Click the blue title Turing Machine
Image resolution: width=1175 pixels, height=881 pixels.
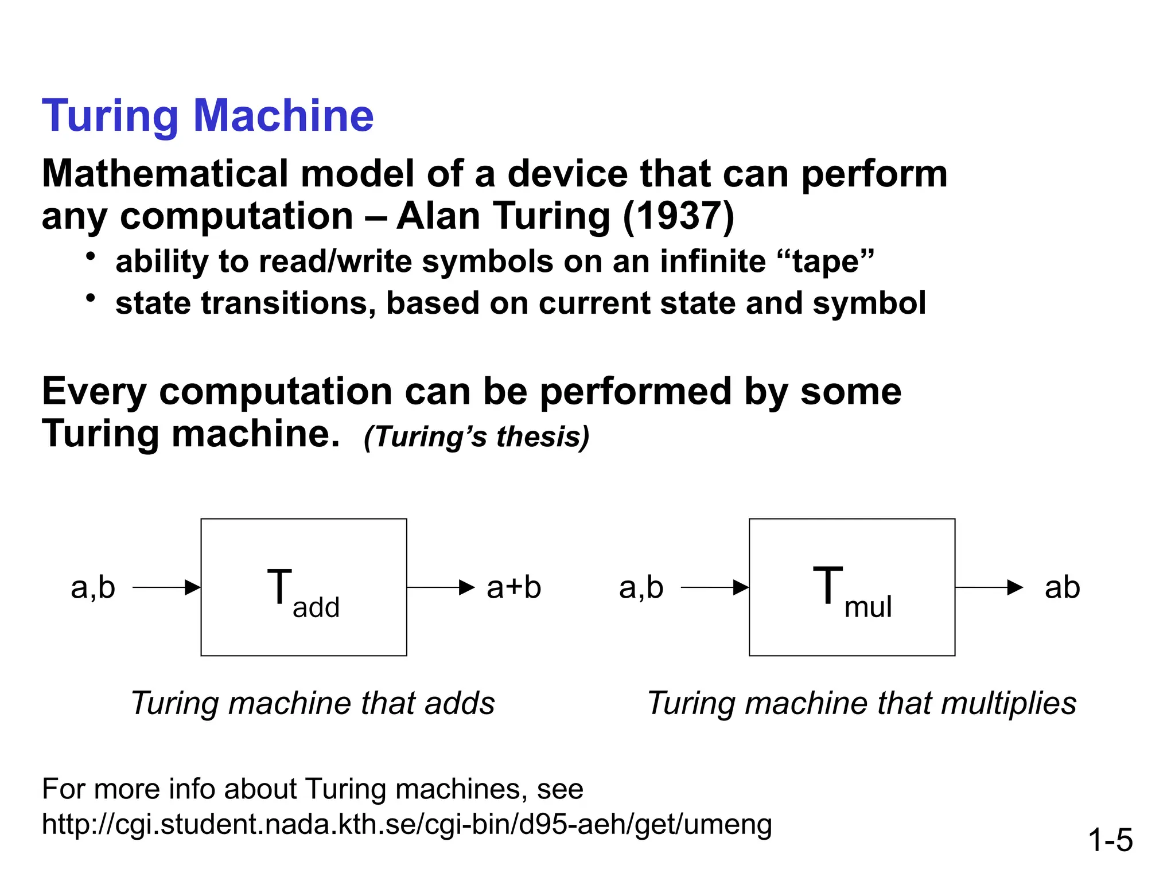tap(208, 116)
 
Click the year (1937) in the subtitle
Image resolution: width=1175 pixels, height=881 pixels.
tap(678, 216)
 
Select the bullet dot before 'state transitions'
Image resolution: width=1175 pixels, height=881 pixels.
tap(90, 298)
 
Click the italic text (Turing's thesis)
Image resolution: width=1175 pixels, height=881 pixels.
tap(476, 436)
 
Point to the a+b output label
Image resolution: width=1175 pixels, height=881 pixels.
tap(513, 587)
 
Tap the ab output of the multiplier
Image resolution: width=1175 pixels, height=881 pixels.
tap(1062, 587)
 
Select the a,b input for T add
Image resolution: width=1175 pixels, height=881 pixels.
tap(93, 587)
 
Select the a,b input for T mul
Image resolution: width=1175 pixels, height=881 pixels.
tap(641, 587)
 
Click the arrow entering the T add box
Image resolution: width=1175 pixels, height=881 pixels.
tap(166, 587)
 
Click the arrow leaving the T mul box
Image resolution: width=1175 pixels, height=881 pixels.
tap(989, 587)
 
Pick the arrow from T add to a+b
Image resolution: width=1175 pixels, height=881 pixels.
tap(441, 587)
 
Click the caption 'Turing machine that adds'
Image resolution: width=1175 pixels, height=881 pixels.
tap(313, 703)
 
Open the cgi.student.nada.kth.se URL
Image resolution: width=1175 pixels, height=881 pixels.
tap(407, 824)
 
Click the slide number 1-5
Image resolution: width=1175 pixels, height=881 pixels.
tap(1110, 840)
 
